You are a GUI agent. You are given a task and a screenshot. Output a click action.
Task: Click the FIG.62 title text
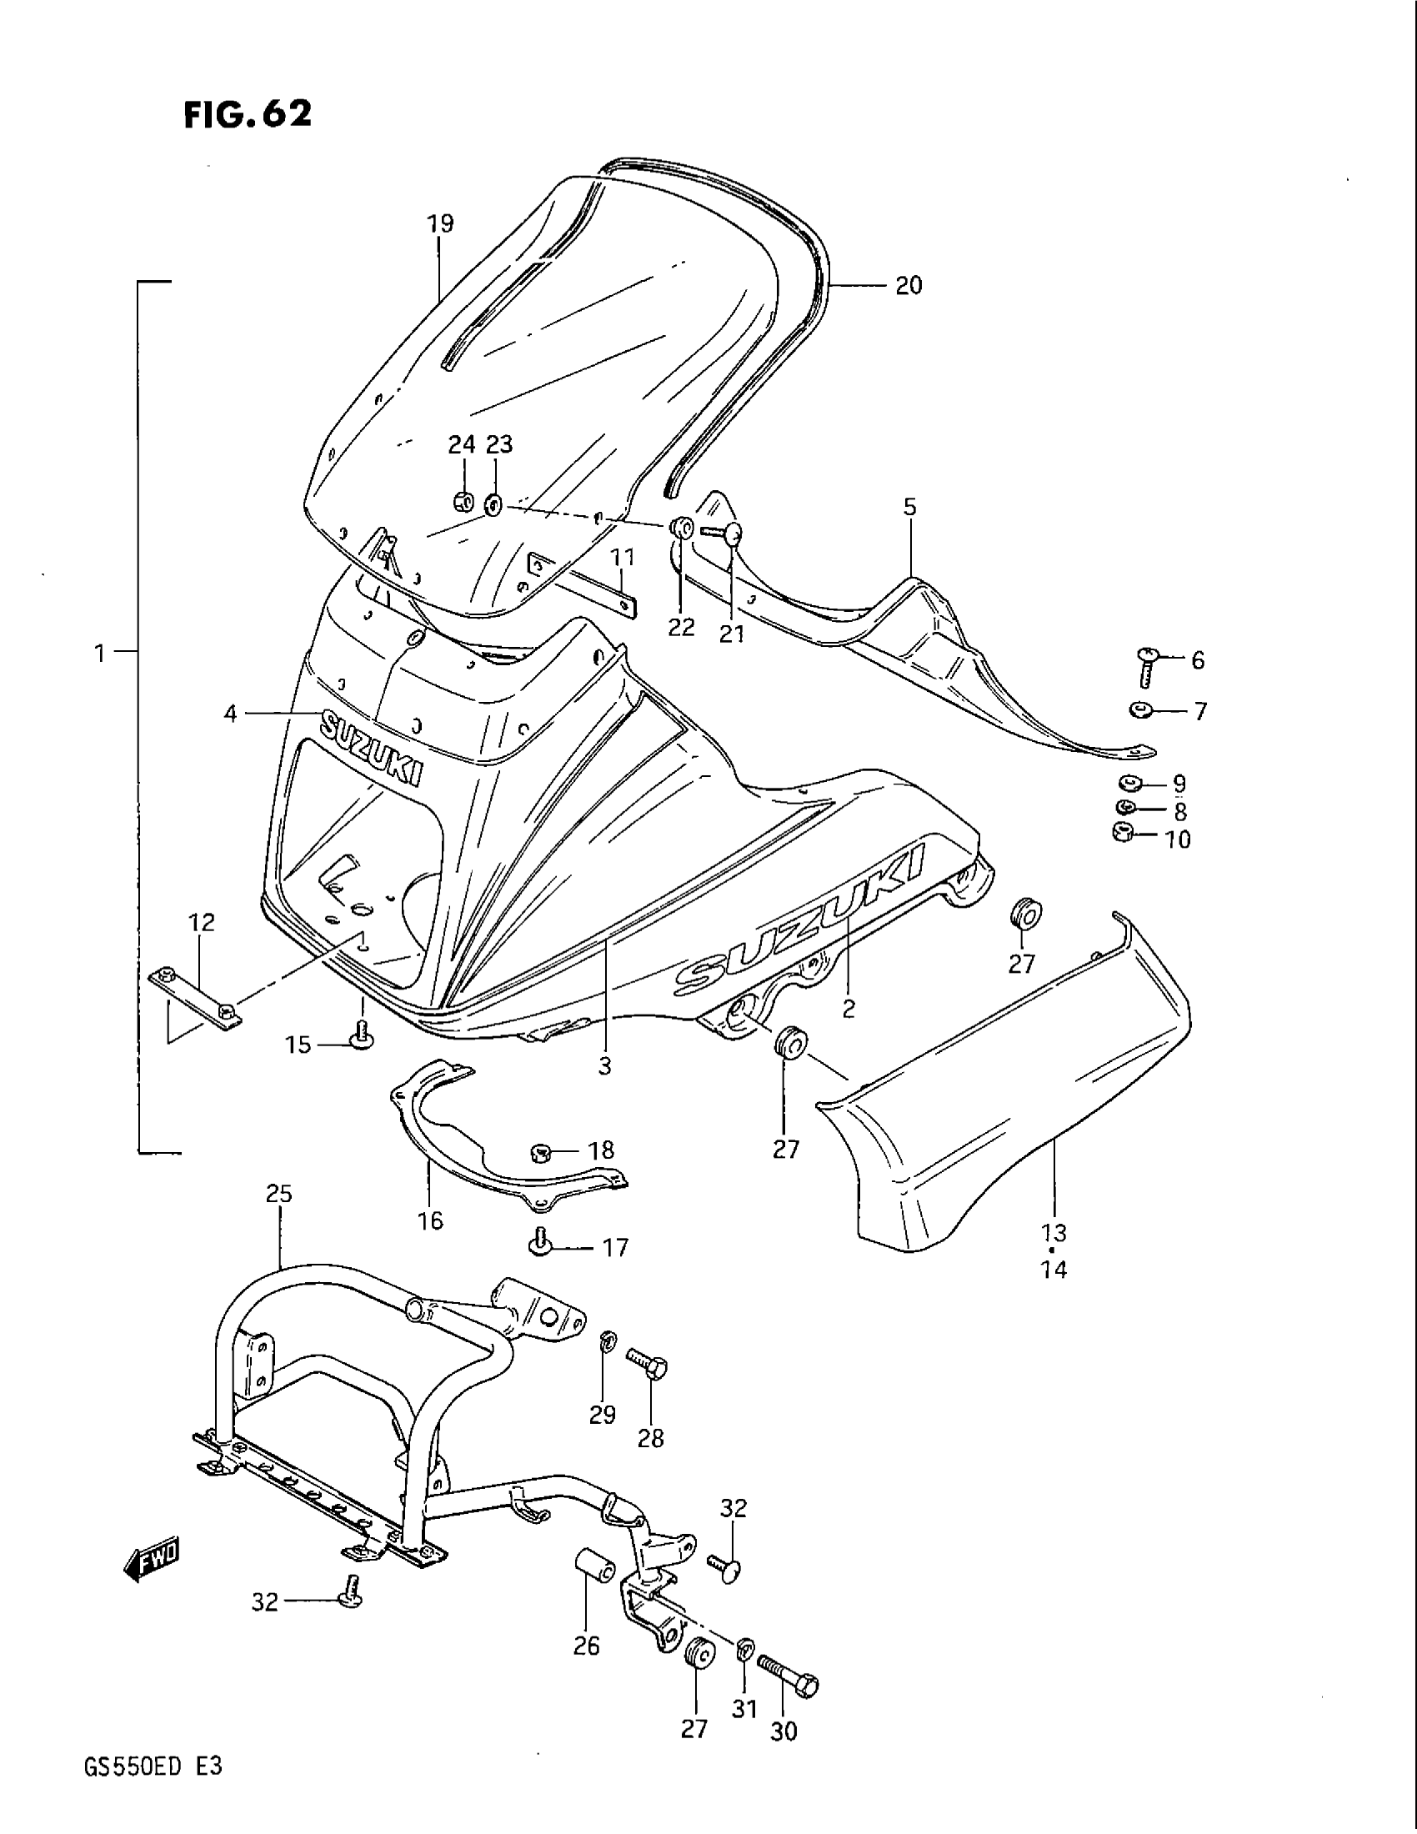pos(248,114)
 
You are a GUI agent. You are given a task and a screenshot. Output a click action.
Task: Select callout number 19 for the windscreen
pos(440,224)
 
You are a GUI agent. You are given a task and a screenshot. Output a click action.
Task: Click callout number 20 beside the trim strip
pos(909,286)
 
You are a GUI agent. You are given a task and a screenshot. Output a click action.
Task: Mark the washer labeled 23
pos(493,505)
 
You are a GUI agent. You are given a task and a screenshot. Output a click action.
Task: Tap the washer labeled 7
pos(1140,710)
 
